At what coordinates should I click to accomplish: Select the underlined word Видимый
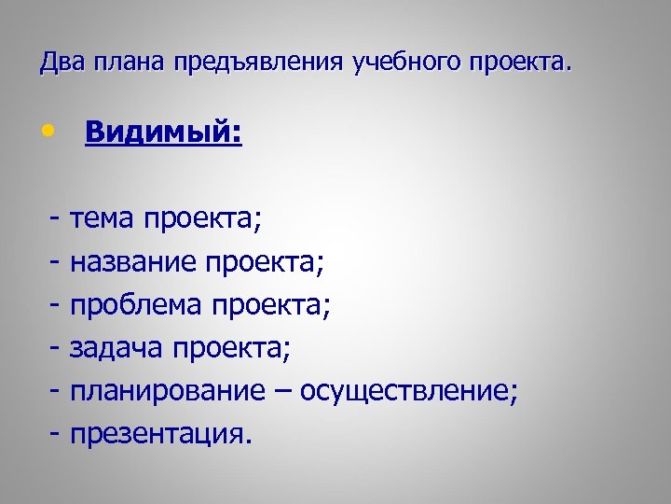pyautogui.click(x=162, y=133)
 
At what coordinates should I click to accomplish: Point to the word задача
pyautogui.click(x=116, y=348)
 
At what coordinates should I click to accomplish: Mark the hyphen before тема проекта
pyautogui.click(x=57, y=219)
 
